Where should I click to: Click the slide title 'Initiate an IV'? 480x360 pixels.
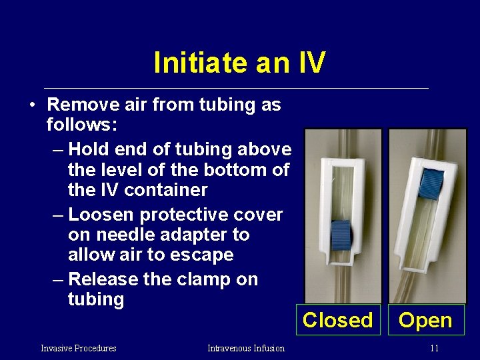(239, 63)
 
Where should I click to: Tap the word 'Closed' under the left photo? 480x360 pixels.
(337, 320)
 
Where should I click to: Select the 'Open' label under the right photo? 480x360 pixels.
(425, 320)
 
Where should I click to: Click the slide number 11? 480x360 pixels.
(434, 348)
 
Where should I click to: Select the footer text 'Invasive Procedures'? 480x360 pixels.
(78, 348)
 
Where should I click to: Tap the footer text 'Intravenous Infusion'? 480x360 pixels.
(245, 348)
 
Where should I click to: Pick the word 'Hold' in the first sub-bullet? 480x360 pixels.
(92, 149)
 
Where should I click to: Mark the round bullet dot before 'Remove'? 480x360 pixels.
(31, 105)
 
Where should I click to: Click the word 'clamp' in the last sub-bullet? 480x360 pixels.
(195, 279)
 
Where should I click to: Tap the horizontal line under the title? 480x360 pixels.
(236, 88)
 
